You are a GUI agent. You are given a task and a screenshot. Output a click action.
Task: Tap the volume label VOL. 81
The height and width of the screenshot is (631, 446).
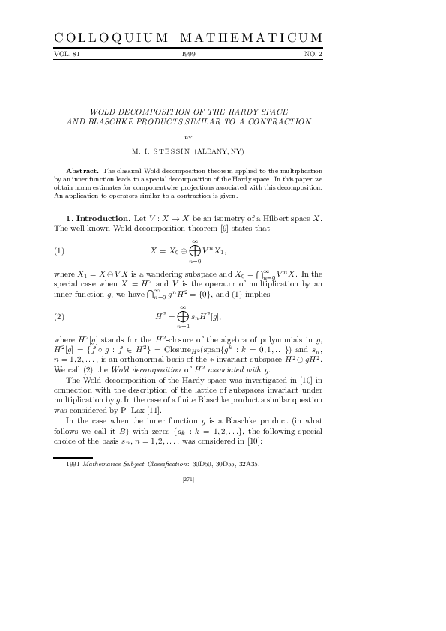coord(67,55)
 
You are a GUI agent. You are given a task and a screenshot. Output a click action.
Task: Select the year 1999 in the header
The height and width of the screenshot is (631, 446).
coord(188,55)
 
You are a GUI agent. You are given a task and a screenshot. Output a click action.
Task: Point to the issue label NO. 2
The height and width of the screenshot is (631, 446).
coord(313,55)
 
